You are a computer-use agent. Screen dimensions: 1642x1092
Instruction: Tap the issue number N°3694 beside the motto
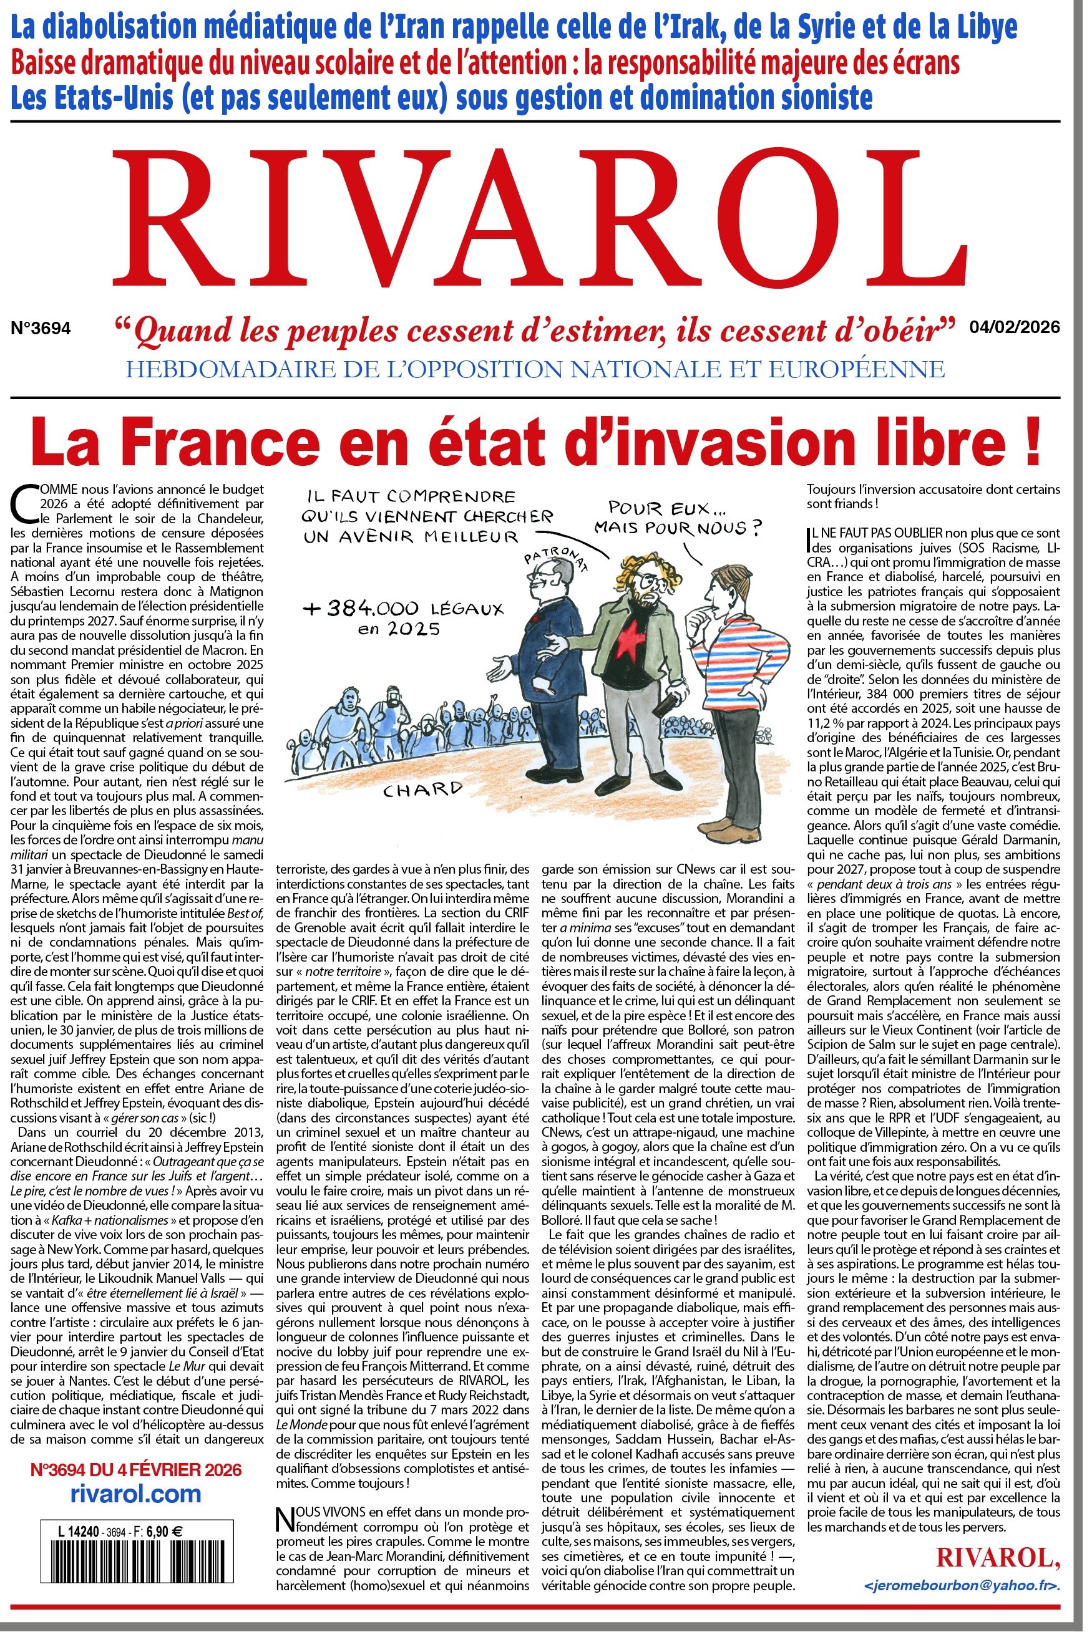coord(41,329)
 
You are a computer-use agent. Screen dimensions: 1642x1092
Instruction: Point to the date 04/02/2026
coord(1014,326)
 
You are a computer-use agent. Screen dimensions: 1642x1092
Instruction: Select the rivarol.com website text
coord(137,1494)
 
